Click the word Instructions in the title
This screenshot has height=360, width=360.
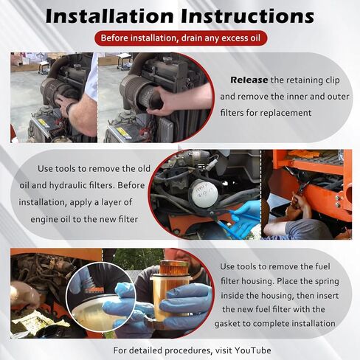pos(248,16)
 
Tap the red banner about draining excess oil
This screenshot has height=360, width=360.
pos(179,38)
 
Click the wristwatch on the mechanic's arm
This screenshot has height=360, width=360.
pos(72,108)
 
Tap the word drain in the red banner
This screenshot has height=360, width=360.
pos(193,38)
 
